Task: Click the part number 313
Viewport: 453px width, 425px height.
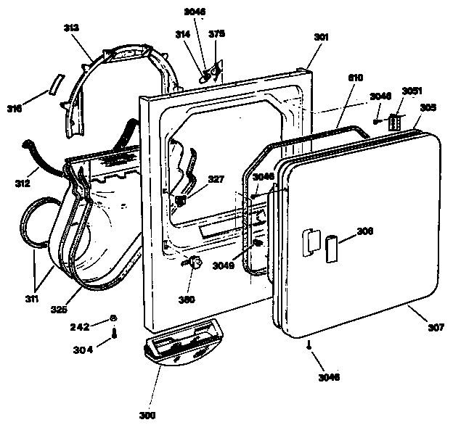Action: pos(71,28)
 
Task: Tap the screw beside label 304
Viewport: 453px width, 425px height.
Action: pos(115,334)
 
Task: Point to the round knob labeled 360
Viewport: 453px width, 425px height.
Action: pos(195,265)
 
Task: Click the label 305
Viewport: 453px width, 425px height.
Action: pos(428,107)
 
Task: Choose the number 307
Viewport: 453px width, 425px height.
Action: pos(435,327)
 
